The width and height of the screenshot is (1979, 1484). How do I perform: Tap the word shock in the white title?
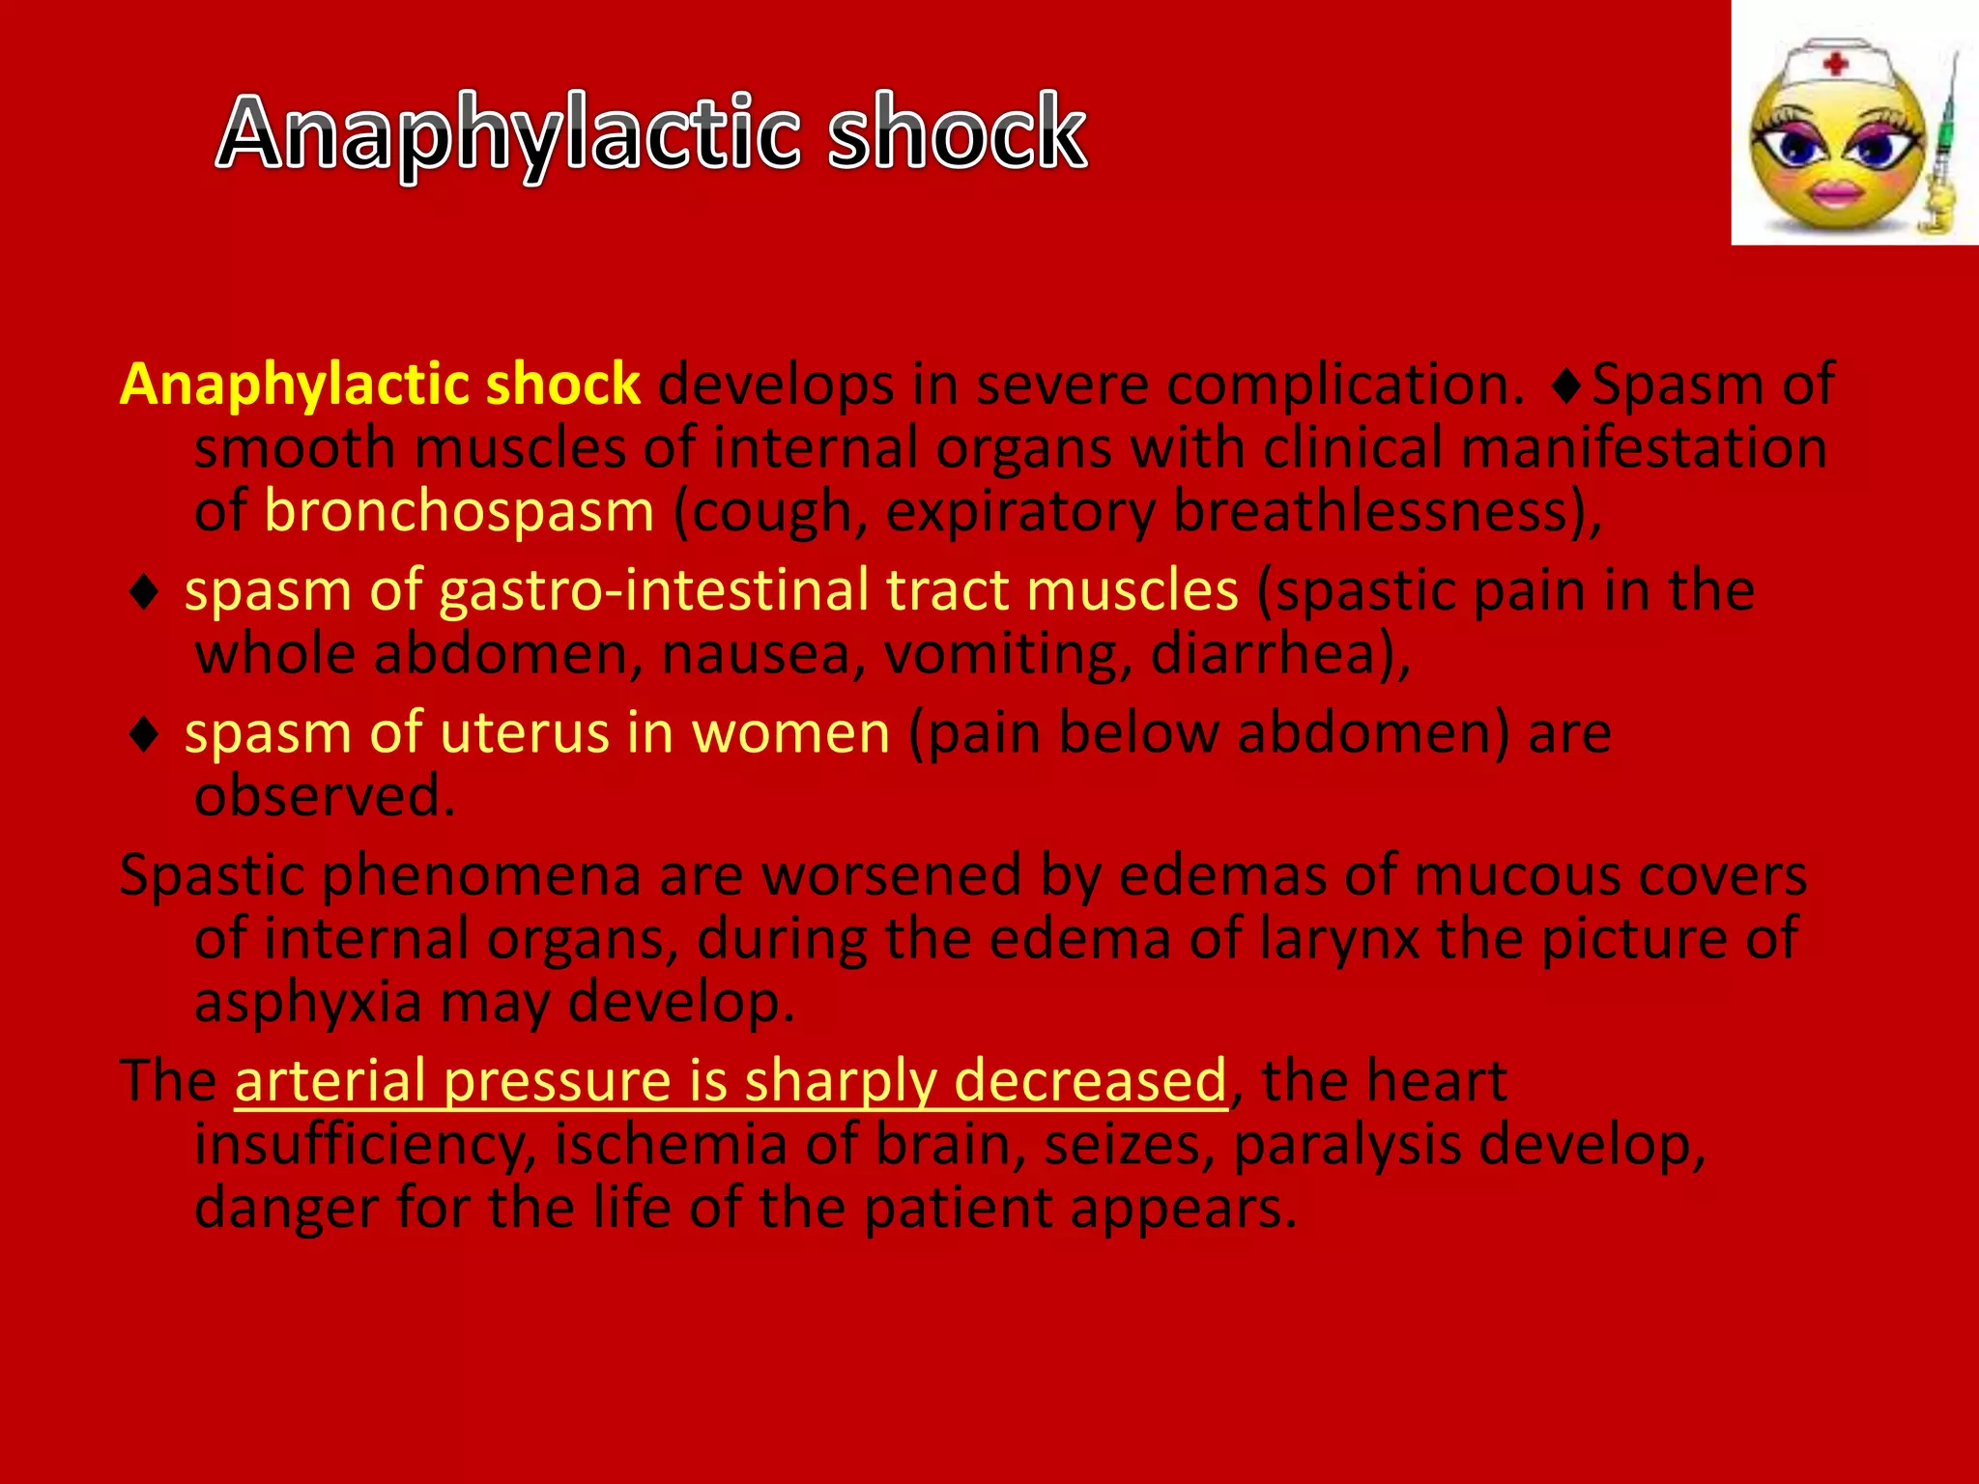coord(957,133)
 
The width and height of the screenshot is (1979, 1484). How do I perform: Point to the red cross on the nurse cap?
coord(1835,65)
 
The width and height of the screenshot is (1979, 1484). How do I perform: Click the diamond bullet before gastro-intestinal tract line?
coord(144,591)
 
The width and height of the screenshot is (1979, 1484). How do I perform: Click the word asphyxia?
coord(308,1002)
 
